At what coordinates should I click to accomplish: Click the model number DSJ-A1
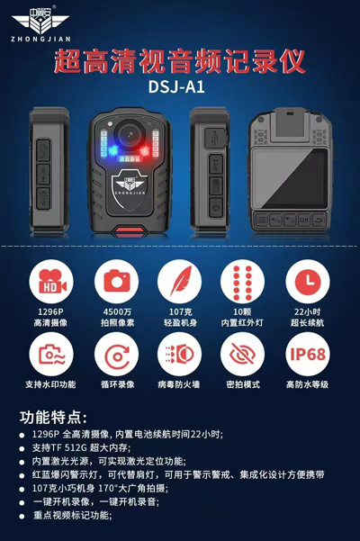180,89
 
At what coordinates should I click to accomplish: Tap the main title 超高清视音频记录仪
180,62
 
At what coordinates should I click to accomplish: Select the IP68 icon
306,354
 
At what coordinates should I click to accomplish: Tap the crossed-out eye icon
243,354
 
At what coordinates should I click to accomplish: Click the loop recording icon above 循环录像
115,354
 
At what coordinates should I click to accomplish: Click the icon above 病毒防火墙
179,354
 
